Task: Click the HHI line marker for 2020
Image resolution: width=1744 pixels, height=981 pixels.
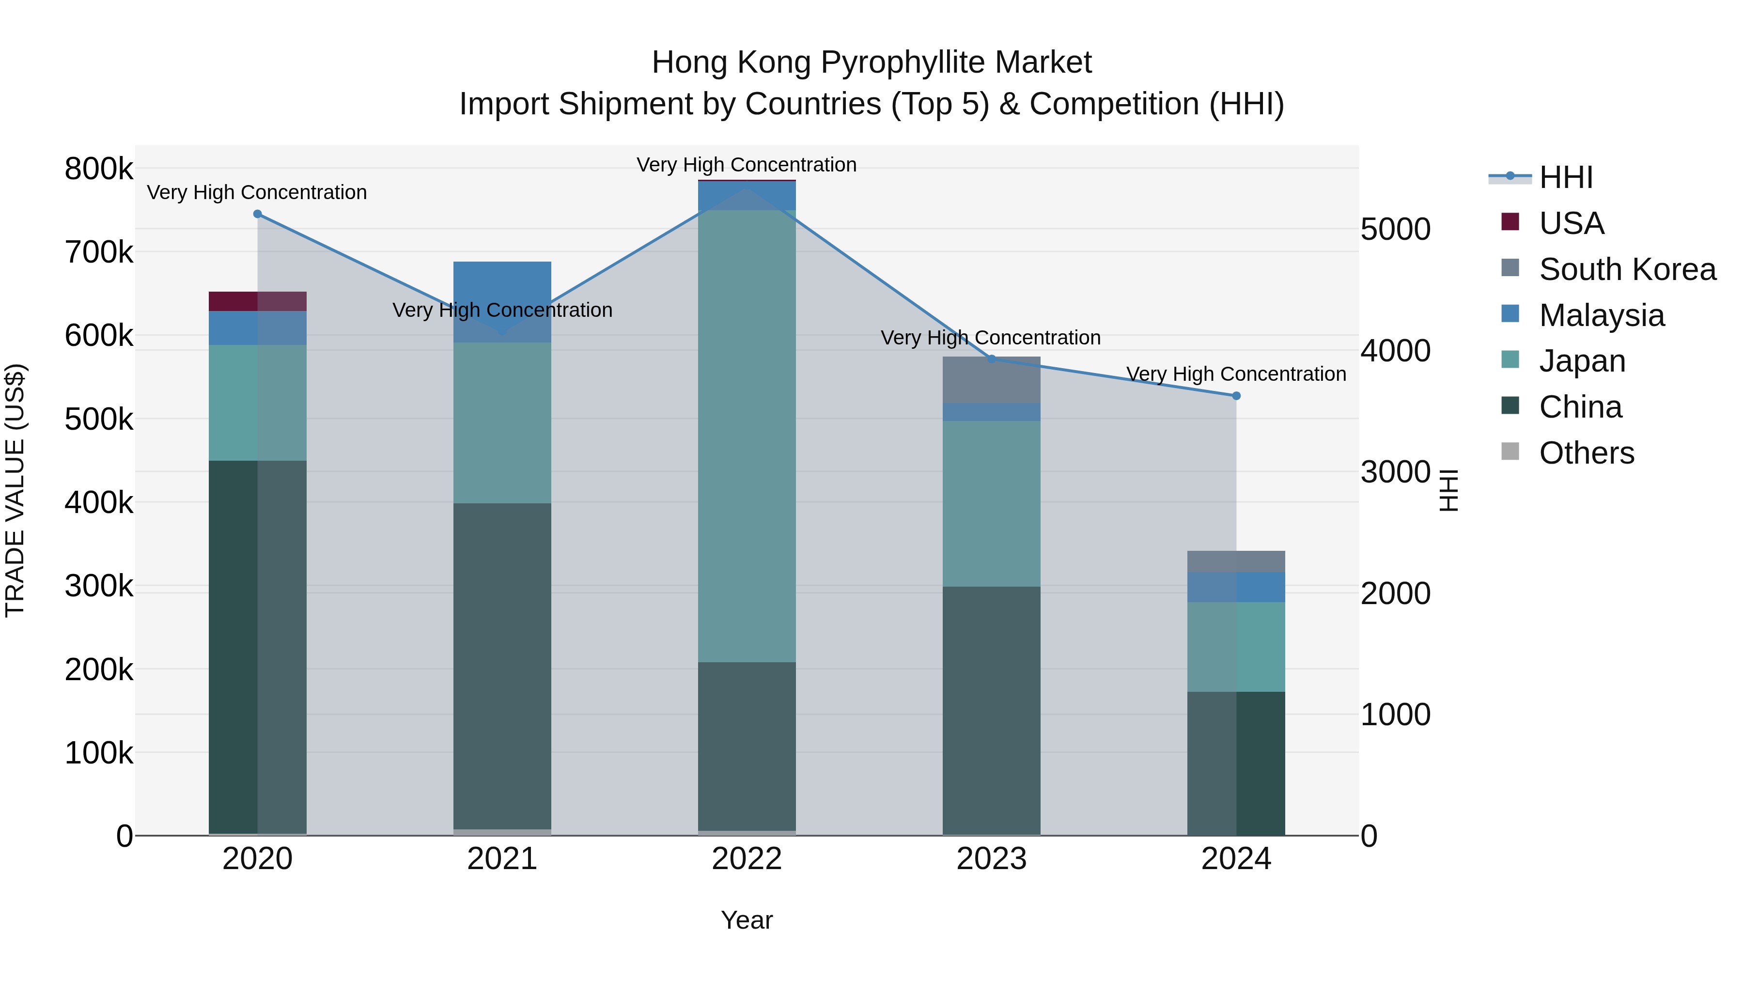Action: point(257,214)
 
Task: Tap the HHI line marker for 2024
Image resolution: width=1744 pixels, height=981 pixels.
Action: point(1236,396)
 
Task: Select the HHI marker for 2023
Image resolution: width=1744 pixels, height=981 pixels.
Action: point(992,359)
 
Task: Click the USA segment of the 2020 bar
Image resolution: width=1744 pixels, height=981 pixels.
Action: point(257,301)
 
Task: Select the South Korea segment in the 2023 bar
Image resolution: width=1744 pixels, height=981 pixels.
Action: point(991,380)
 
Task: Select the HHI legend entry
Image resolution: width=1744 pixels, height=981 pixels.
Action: point(1565,177)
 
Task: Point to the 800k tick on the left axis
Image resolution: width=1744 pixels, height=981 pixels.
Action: point(99,169)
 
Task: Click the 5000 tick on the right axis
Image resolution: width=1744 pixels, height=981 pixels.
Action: point(1395,230)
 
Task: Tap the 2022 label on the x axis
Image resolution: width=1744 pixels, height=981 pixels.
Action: point(747,859)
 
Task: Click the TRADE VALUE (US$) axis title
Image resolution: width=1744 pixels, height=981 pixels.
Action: point(16,490)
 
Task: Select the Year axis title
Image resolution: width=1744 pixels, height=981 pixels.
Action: point(747,920)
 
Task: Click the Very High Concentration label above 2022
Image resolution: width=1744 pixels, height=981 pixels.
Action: point(747,165)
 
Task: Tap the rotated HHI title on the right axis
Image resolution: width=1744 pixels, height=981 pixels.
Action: point(1448,490)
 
